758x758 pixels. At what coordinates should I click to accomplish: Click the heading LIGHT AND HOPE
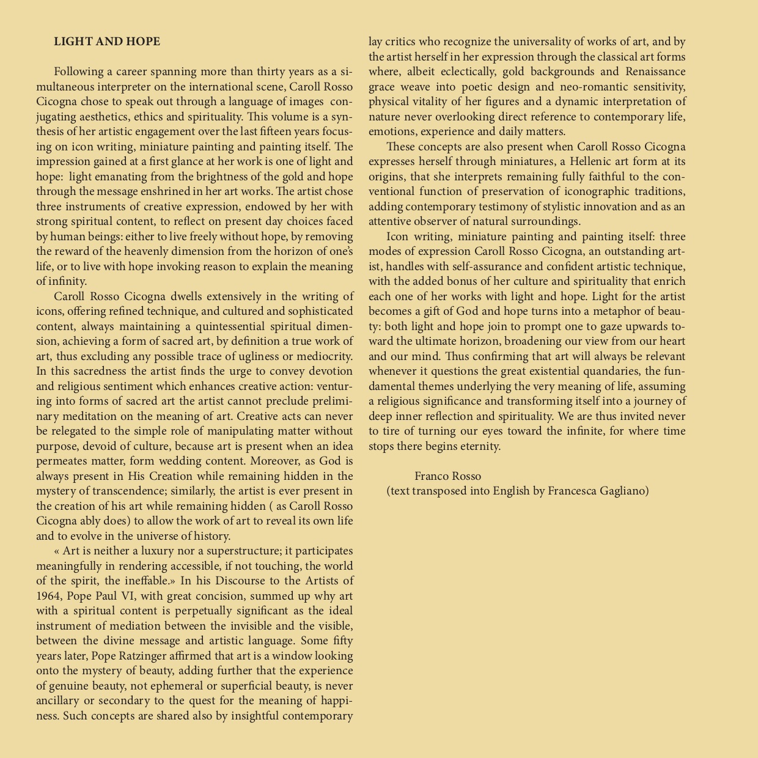pos(107,42)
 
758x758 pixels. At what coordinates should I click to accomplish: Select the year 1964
pos(48,596)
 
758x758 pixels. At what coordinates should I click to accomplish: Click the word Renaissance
pos(655,72)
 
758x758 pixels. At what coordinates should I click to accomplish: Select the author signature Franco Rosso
pos(447,476)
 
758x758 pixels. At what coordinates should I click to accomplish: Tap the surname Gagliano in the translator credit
pos(624,491)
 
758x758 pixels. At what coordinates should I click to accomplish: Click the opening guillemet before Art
pos(57,551)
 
